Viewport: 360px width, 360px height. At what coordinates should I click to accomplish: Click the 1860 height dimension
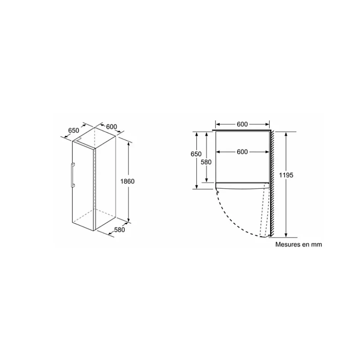pyautogui.click(x=127, y=181)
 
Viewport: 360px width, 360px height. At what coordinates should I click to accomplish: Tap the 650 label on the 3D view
pyautogui.click(x=73, y=131)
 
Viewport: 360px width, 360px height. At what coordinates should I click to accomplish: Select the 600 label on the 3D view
pyautogui.click(x=111, y=127)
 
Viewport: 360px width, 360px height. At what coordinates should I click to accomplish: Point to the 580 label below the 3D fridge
pyautogui.click(x=119, y=229)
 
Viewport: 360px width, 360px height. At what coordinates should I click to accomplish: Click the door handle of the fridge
pyautogui.click(x=73, y=175)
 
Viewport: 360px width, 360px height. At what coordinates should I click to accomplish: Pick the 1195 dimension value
pyautogui.click(x=286, y=175)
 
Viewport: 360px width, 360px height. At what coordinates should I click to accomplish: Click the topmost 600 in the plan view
pyautogui.click(x=242, y=124)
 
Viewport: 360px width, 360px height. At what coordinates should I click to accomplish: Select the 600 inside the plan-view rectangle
pyautogui.click(x=242, y=152)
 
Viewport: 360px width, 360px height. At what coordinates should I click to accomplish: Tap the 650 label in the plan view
pyautogui.click(x=196, y=154)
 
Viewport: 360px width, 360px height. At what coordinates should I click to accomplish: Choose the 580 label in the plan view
pyautogui.click(x=206, y=162)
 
